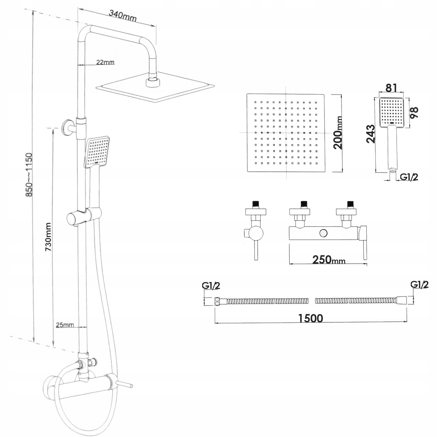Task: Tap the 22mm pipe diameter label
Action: point(105,62)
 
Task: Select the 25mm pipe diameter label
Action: point(65,325)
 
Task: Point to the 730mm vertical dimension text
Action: point(48,237)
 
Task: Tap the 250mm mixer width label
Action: point(328,259)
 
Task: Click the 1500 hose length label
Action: point(311,318)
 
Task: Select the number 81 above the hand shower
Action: point(391,88)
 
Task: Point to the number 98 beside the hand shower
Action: point(414,112)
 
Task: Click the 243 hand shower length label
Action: point(371,134)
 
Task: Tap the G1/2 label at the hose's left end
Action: point(211,286)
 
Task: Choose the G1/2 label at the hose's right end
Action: point(420,284)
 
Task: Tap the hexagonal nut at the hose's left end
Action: point(217,301)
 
